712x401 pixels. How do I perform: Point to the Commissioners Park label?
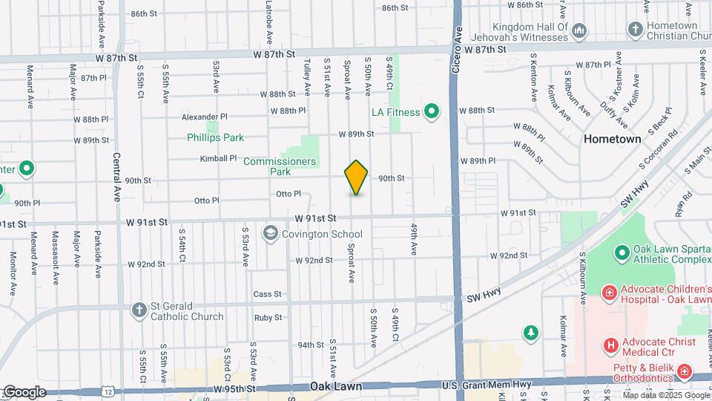pyautogui.click(x=280, y=166)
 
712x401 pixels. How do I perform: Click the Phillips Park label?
pyautogui.click(x=215, y=137)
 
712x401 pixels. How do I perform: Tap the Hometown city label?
pyautogui.click(x=612, y=139)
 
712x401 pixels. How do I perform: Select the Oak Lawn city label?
pyautogui.click(x=336, y=387)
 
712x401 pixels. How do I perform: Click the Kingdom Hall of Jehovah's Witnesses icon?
pyautogui.click(x=580, y=31)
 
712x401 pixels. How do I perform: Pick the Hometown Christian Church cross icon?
pyautogui.click(x=634, y=30)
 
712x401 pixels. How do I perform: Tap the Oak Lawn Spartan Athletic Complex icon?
pyautogui.click(x=620, y=253)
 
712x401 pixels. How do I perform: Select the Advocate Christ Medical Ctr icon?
pyautogui.click(x=611, y=345)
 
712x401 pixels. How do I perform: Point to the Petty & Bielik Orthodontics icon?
pyautogui.click(x=685, y=371)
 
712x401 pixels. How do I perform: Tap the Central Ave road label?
pyautogui.click(x=117, y=178)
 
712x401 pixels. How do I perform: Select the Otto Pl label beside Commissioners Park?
pyautogui.click(x=288, y=194)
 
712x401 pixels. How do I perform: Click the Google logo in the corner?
pyautogui.click(x=24, y=391)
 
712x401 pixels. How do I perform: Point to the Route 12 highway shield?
pyautogui.click(x=110, y=391)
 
